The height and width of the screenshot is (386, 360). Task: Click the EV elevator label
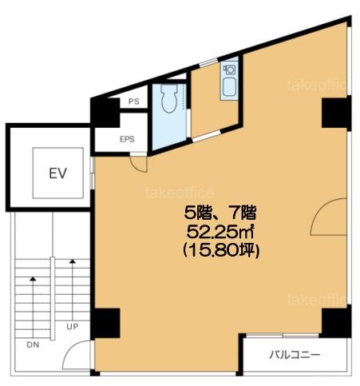[57, 173]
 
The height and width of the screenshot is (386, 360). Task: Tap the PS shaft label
[134, 101]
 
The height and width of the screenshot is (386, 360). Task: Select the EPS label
[127, 139]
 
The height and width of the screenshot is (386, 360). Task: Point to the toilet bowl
[169, 98]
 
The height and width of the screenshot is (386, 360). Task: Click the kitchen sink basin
[229, 87]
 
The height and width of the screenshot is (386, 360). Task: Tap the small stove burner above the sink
[229, 70]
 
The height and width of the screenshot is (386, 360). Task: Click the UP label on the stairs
[73, 326]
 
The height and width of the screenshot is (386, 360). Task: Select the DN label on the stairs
[33, 344]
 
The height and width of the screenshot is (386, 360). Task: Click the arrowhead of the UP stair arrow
[73, 261]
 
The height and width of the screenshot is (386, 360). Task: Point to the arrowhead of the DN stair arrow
[33, 279]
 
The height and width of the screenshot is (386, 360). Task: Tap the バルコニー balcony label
[295, 355]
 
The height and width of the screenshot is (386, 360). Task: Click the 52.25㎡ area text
[220, 232]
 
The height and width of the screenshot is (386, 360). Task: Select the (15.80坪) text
[221, 251]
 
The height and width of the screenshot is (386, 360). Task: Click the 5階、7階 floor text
[220, 213]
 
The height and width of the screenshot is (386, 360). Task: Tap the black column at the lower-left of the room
[105, 323]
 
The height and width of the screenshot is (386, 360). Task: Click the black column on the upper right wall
[336, 113]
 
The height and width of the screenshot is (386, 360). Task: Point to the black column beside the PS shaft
[105, 113]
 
